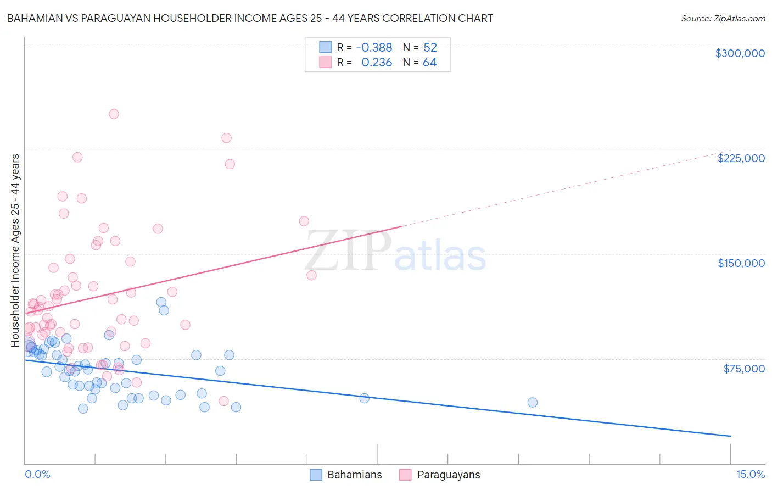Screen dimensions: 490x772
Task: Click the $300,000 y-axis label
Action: (x=740, y=53)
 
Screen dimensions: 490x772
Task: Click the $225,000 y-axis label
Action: (x=741, y=158)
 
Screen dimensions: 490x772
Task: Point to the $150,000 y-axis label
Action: (x=741, y=263)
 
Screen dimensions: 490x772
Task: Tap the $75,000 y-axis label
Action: (x=744, y=369)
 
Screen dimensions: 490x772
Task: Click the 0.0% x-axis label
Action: (x=37, y=474)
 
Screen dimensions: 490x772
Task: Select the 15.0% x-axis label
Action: (x=750, y=474)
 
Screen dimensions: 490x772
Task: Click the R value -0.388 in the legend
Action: (x=374, y=48)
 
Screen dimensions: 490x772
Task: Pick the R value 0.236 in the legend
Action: (x=377, y=63)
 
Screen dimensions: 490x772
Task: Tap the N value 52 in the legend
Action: (x=430, y=48)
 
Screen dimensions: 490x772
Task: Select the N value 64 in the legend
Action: (x=429, y=63)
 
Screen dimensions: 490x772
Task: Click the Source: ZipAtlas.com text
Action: (x=723, y=19)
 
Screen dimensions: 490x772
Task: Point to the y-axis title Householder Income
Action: (x=15, y=250)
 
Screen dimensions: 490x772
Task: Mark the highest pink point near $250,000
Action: (x=114, y=114)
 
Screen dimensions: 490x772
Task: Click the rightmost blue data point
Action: (x=532, y=403)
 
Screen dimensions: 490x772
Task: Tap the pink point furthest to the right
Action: (x=311, y=275)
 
